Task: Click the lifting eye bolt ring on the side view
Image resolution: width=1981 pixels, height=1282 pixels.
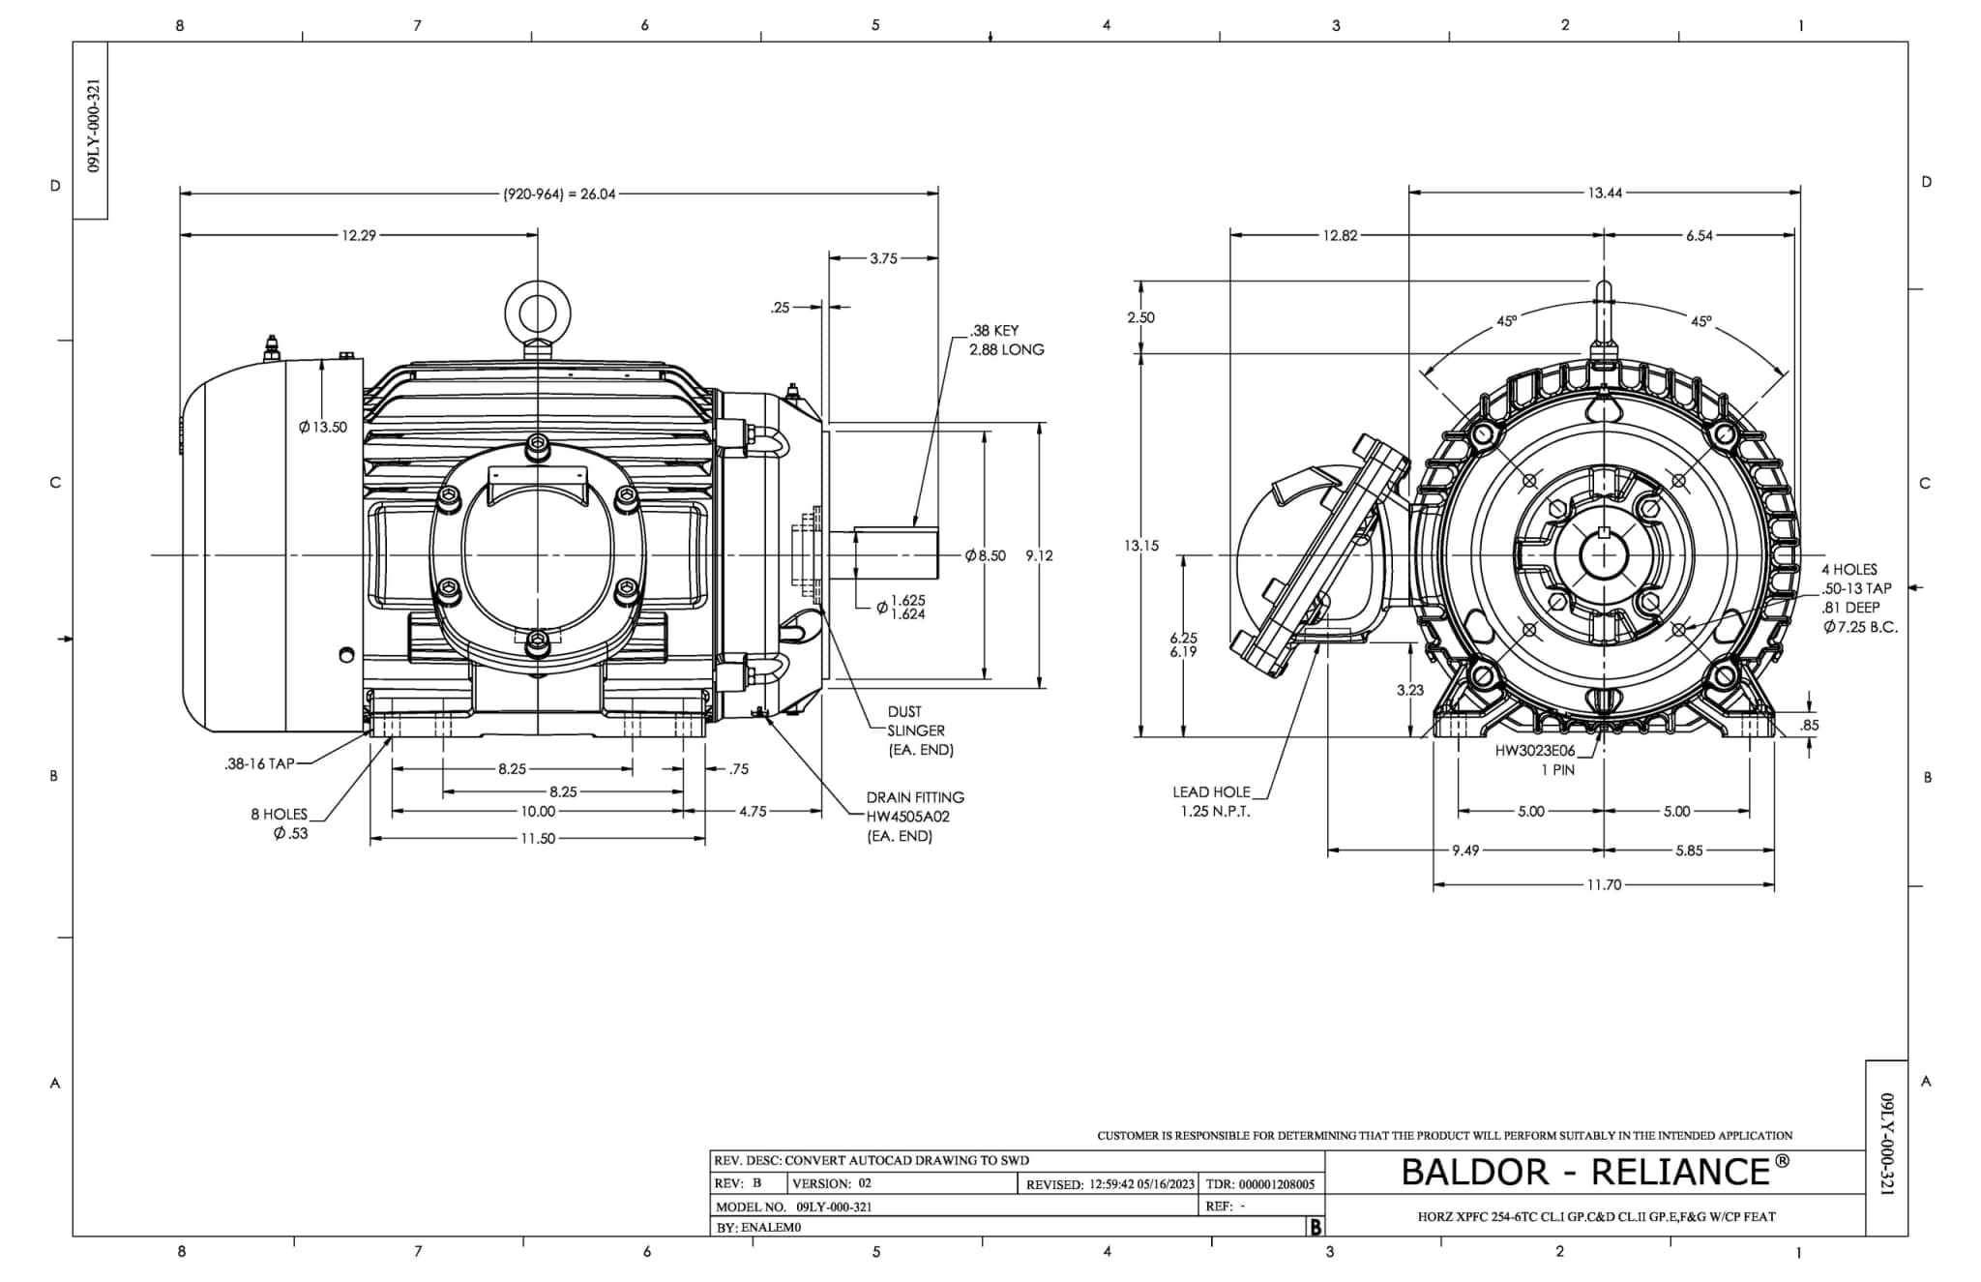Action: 538,313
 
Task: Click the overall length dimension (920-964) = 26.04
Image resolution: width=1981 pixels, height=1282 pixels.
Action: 559,194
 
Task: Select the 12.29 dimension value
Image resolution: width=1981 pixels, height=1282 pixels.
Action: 358,235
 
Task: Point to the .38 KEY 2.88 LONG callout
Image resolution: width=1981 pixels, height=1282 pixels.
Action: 1006,340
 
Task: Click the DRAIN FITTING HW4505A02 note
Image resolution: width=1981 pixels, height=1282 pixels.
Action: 914,816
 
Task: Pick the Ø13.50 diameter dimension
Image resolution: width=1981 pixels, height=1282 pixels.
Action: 323,427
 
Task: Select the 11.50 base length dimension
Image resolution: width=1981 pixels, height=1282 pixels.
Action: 538,839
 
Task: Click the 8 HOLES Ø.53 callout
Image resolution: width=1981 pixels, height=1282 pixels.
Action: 281,823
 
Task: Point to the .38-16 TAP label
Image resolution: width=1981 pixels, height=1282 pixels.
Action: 259,764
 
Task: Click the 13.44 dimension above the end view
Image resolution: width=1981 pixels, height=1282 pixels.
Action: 1605,194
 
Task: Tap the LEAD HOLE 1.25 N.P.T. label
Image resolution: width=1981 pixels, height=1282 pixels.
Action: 1213,801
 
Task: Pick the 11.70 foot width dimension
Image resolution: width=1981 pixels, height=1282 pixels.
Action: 1604,884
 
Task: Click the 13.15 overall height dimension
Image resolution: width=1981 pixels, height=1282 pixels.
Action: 1141,546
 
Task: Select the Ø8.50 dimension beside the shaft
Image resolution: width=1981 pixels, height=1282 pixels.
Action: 986,555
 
